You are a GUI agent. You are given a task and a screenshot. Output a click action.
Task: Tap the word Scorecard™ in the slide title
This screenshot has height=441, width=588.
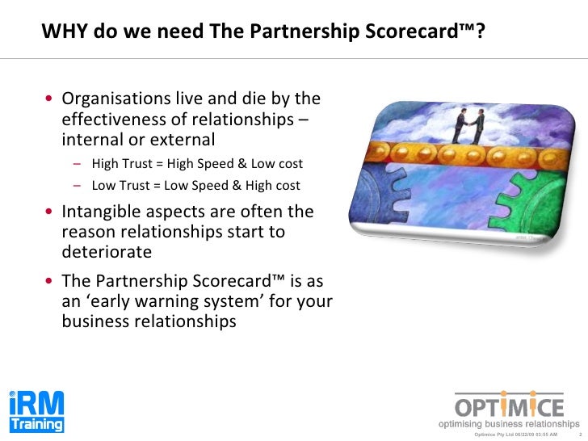423,31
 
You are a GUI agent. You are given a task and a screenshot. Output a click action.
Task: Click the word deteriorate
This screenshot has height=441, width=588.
107,251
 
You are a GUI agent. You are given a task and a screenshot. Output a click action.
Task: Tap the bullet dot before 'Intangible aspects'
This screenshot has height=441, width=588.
50,213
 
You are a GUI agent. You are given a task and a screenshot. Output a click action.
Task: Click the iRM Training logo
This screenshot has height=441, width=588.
36,412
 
